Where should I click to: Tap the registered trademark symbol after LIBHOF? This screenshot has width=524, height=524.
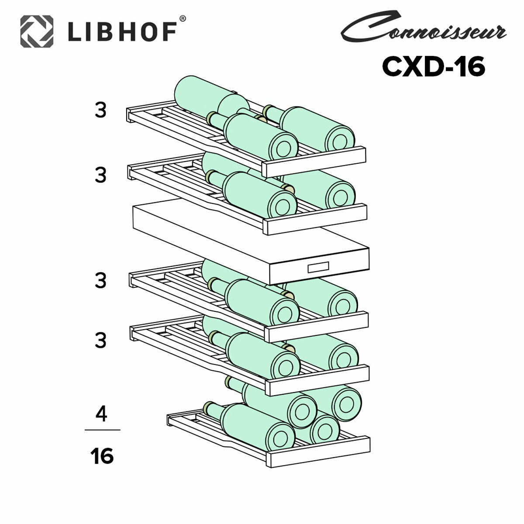click(183, 19)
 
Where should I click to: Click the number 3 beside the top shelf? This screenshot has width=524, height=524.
click(101, 111)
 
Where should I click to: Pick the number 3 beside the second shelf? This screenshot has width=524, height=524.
click(101, 176)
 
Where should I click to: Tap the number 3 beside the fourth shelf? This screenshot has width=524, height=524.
click(101, 340)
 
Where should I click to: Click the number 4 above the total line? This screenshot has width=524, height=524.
click(101, 414)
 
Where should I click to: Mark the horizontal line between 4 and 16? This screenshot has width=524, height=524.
click(102, 430)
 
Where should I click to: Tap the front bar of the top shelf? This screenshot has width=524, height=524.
click(314, 157)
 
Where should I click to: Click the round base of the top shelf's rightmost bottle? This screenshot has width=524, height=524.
click(341, 141)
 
